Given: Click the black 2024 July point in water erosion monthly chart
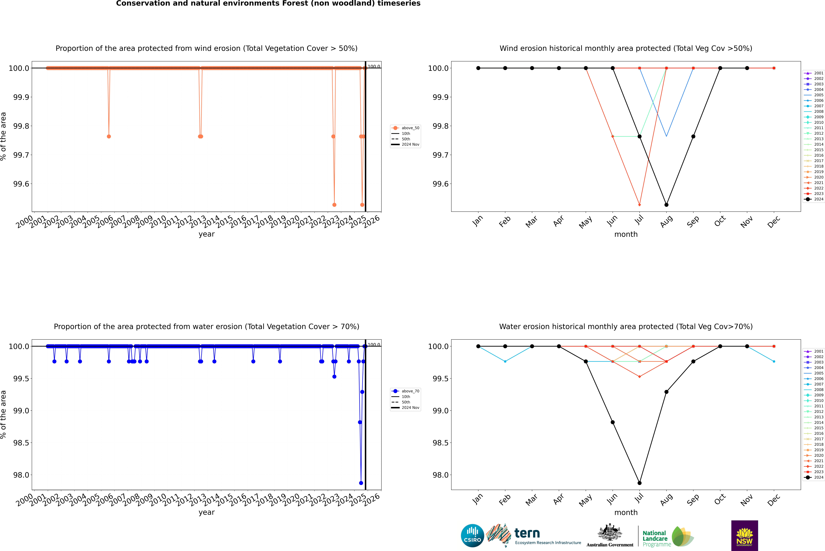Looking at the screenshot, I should (x=639, y=483).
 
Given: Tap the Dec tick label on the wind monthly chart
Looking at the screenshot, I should (x=774, y=222).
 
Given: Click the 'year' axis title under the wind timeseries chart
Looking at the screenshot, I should (x=206, y=234).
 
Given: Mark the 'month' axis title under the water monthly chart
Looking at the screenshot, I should (x=626, y=512).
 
